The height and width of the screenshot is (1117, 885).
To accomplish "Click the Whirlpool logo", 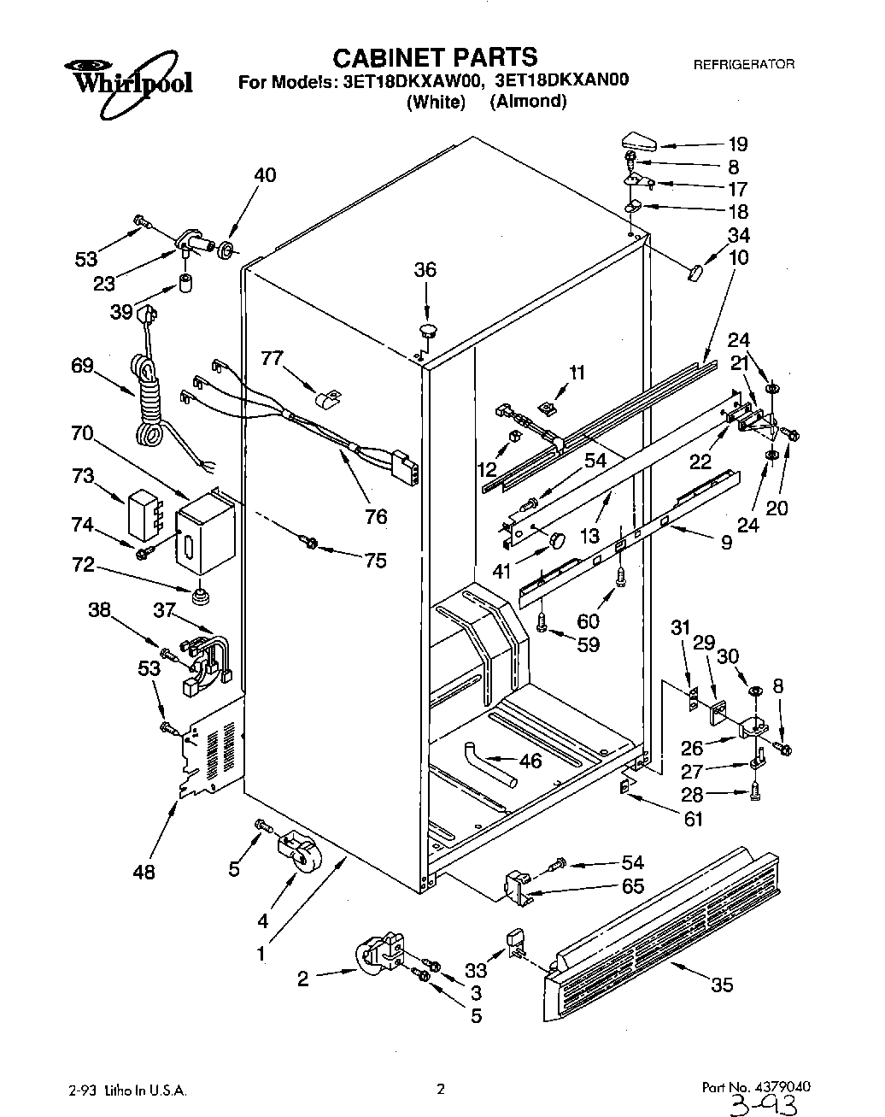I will point(129,81).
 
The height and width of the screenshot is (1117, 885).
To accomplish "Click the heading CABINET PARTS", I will point(434,57).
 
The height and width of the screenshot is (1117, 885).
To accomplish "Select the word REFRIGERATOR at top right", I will point(743,64).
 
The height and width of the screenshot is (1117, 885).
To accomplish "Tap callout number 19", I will point(737,144).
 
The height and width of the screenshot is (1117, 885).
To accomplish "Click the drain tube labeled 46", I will point(490,764).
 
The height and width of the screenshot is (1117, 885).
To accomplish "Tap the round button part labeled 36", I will point(426,328).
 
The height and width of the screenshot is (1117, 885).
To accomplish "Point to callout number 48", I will point(144,872).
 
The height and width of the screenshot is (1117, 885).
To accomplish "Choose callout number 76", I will point(375,516).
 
